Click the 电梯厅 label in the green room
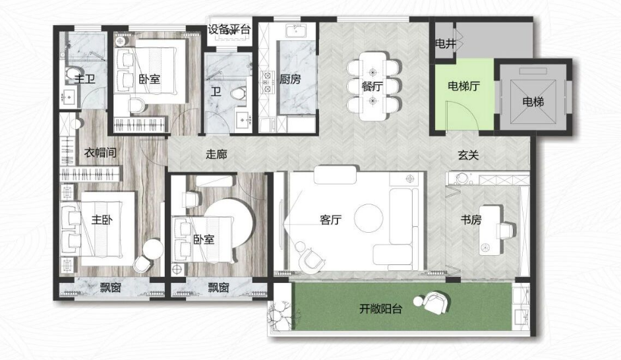[x=463, y=86]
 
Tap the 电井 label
[x=446, y=44]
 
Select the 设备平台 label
[x=229, y=29]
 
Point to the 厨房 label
[x=290, y=79]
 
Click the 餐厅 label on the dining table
[x=372, y=86]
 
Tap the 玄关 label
[x=469, y=155]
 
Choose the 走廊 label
[x=216, y=154]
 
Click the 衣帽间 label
[x=100, y=152]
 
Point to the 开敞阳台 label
[x=380, y=309]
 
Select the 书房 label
[x=471, y=220]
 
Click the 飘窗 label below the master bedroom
[x=111, y=288]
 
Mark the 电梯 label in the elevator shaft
[x=533, y=102]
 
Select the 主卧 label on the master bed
[x=102, y=220]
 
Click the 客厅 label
[x=331, y=220]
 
